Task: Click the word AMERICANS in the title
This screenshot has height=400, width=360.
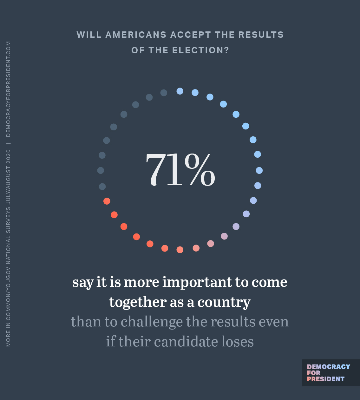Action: (136, 35)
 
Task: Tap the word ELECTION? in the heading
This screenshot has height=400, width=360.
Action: (200, 50)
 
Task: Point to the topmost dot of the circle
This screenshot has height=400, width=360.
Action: (180, 91)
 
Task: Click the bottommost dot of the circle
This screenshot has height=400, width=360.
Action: (180, 250)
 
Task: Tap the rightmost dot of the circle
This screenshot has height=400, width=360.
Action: (259, 171)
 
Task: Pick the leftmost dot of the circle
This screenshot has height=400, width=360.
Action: (101, 171)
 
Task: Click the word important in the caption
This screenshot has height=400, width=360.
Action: (197, 282)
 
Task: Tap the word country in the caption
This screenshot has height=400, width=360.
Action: (224, 302)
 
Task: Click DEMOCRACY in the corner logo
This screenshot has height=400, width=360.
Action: (328, 367)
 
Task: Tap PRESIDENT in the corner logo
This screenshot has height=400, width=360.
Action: (325, 379)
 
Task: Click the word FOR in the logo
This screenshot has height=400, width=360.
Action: (313, 373)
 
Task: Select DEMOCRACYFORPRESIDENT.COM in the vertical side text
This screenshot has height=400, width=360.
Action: (8, 89)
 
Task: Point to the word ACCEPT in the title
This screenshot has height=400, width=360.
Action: (190, 35)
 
